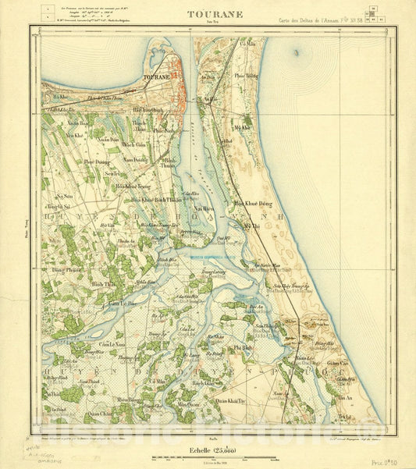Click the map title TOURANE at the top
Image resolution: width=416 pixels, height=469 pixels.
click(204, 13)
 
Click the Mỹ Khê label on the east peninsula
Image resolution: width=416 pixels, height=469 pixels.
click(244, 126)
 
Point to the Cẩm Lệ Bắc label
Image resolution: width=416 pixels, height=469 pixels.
click(123, 303)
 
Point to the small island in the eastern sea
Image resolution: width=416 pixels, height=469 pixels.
click(296, 53)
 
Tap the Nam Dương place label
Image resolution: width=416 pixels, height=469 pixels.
click(135, 159)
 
